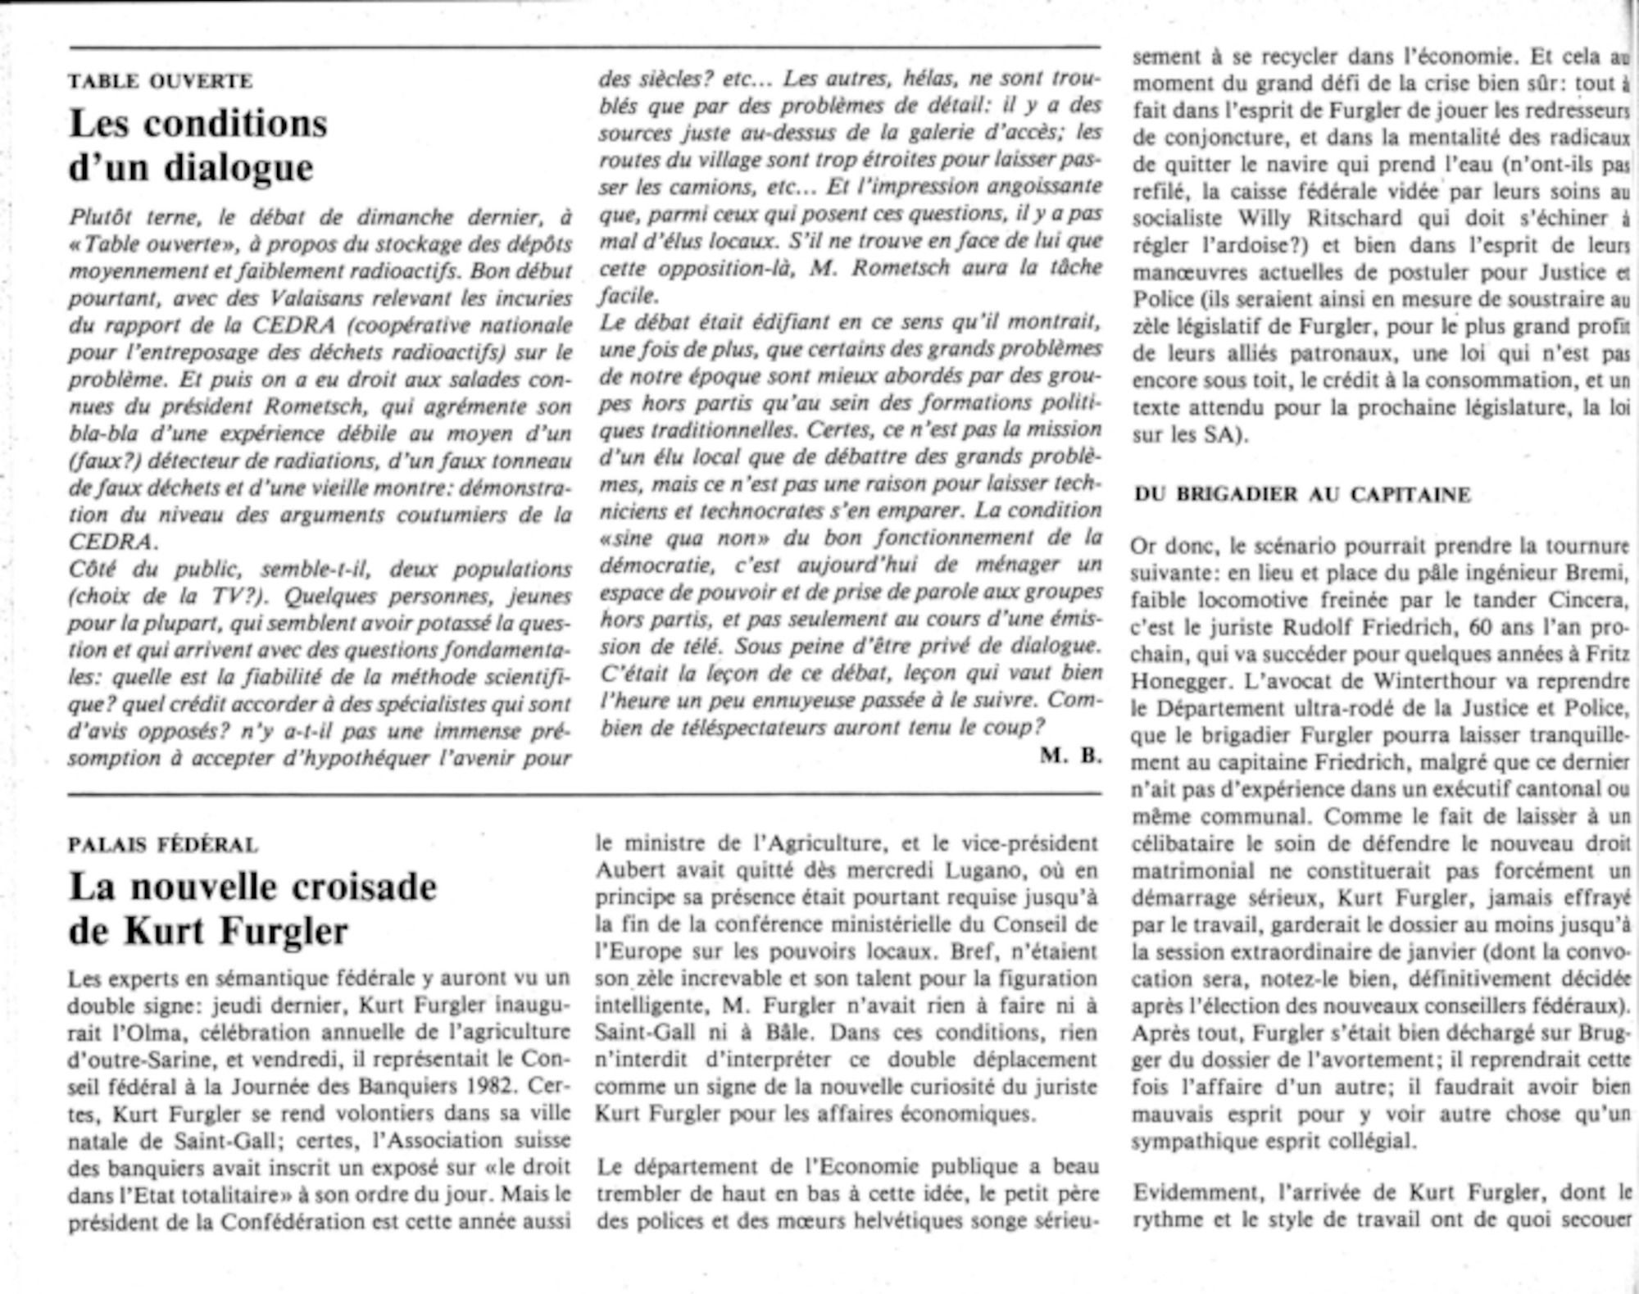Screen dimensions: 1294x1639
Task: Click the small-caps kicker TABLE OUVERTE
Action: (161, 81)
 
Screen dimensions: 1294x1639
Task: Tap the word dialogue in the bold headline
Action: (238, 168)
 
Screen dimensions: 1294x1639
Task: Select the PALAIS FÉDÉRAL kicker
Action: (163, 844)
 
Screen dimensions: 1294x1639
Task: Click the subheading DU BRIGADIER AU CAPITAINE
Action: (1302, 494)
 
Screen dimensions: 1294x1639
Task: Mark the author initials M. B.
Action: (1070, 756)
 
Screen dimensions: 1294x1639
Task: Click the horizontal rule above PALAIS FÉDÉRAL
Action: (585, 794)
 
